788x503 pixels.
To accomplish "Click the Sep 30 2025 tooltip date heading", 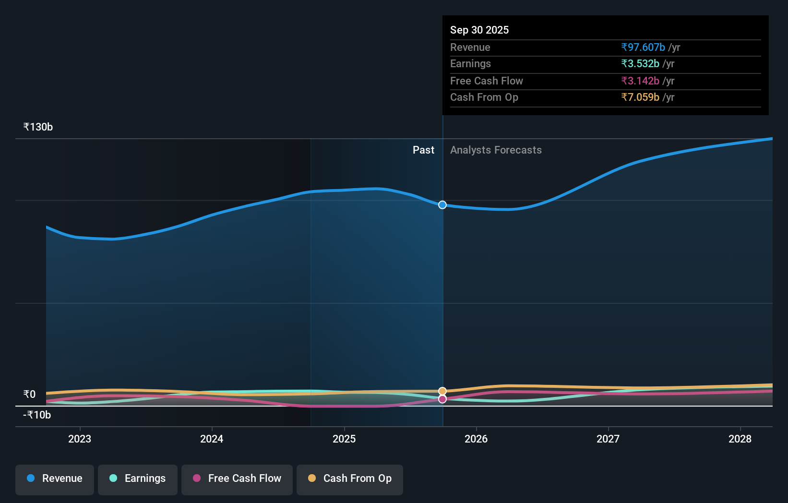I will click(x=479, y=30).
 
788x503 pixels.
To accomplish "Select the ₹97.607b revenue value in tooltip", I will click(x=643, y=47).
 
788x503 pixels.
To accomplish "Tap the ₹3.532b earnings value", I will click(x=640, y=63).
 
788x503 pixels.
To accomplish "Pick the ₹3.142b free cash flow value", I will click(x=640, y=81).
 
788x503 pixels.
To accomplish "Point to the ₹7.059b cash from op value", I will click(x=640, y=97).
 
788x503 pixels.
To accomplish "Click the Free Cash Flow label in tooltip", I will click(x=486, y=81).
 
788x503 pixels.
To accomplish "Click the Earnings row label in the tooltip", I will click(x=470, y=63).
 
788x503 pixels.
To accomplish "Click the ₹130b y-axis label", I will click(x=38, y=127).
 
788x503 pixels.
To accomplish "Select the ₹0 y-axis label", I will click(x=29, y=394).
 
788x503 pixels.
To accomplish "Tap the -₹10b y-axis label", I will click(x=37, y=415).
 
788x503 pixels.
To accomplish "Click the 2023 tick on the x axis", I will click(x=80, y=439).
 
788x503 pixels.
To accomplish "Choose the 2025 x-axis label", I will click(x=344, y=439).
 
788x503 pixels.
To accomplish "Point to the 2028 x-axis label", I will click(x=740, y=439).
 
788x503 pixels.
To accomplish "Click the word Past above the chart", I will click(x=423, y=150).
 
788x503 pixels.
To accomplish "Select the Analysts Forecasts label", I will click(x=496, y=150).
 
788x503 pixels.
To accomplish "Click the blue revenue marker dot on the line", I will click(x=442, y=205).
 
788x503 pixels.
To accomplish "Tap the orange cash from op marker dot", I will click(x=442, y=391).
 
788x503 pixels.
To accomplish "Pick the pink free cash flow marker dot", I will click(x=442, y=399).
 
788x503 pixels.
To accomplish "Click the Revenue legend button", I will click(x=55, y=479).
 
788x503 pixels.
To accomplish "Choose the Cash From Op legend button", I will click(x=350, y=479).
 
